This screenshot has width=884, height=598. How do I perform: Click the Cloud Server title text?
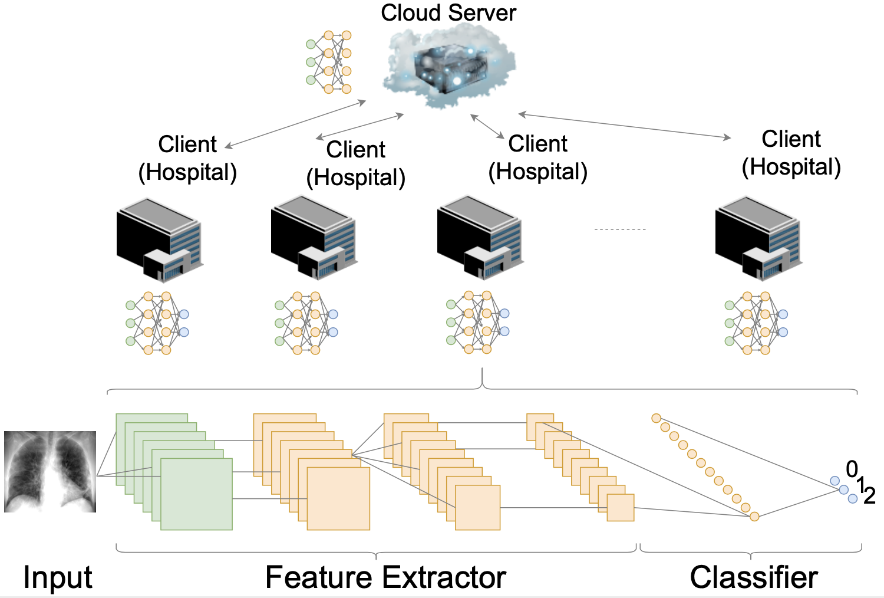pos(448,12)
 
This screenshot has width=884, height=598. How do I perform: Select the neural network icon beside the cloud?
pos(329,62)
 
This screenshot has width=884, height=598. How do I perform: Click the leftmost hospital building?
pos(160,240)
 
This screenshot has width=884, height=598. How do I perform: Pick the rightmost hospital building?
pos(759,239)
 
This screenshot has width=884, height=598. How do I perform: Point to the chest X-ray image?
pos(50,472)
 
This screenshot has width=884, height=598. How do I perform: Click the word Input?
pos(58,577)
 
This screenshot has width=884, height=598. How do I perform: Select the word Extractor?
pos(444,577)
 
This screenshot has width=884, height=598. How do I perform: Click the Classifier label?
pos(754,577)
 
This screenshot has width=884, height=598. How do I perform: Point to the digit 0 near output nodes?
pos(852,469)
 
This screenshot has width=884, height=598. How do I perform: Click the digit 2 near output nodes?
pos(869,496)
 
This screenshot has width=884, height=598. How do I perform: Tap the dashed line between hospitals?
pos(620,229)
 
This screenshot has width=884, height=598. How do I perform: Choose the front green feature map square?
pos(196,494)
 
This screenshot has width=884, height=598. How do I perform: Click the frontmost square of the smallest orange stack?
pos(621,508)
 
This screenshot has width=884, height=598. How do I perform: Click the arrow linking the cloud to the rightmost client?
pos(624,126)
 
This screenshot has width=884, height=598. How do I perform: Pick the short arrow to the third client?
pos(487,126)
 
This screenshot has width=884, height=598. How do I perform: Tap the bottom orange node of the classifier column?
pos(754,516)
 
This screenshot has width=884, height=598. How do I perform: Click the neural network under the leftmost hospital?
pos(157,323)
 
